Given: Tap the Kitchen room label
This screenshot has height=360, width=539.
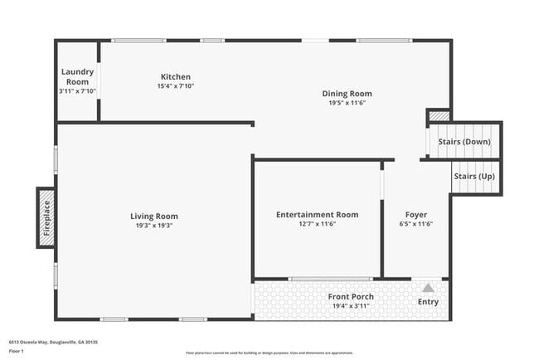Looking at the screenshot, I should point(175,77).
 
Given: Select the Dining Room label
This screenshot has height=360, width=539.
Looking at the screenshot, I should point(347,94).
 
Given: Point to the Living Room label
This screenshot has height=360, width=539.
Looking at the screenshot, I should point(154,216).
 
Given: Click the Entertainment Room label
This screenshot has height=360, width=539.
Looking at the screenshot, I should point(317,215).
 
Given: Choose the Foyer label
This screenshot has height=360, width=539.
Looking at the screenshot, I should point(416,215).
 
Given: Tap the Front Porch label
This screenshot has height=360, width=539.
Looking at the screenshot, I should point(351,296).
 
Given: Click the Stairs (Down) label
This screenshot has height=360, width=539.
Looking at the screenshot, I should point(464,141).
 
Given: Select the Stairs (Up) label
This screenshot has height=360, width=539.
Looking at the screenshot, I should point(475,176).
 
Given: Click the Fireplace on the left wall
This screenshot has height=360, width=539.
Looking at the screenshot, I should point(46,217).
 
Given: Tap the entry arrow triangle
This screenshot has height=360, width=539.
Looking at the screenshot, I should point(428,288).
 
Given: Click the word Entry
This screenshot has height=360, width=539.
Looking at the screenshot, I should point(428,301).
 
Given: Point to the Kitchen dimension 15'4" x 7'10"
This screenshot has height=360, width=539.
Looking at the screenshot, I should point(175,86).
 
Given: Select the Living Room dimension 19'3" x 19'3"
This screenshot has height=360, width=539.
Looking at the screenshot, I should point(154,226).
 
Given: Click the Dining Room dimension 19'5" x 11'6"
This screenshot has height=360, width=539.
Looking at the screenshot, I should point(347,103).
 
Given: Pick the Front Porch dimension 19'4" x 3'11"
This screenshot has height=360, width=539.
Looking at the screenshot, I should point(351,306).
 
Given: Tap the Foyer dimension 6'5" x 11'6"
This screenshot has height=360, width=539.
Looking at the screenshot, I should point(416,224).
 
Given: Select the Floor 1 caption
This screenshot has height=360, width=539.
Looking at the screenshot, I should point(16,351).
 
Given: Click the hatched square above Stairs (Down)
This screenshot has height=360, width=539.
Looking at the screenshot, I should point(439,116).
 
